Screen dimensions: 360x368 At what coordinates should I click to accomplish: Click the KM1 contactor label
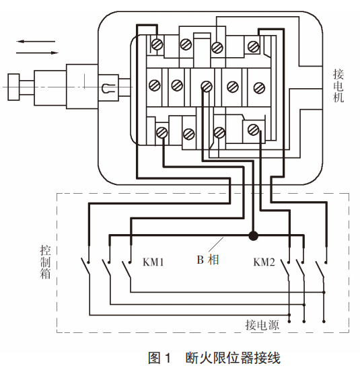pyautogui.click(x=153, y=262)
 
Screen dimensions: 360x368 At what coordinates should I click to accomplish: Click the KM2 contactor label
pyautogui.click(x=264, y=262)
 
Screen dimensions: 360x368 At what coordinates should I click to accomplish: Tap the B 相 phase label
pyautogui.click(x=208, y=260)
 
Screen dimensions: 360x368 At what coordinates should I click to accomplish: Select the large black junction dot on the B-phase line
pyautogui.click(x=253, y=235)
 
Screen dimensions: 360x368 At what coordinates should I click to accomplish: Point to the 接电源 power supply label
pyautogui.click(x=262, y=325)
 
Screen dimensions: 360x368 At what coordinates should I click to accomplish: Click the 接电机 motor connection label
pyautogui.click(x=338, y=85)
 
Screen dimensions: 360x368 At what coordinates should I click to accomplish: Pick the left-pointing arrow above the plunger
pyautogui.click(x=36, y=42)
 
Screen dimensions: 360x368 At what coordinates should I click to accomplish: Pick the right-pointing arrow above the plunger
pyautogui.click(x=37, y=52)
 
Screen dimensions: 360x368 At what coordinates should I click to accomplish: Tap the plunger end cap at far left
pyautogui.click(x=13, y=87)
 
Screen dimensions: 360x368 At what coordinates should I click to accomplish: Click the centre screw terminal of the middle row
pyautogui.click(x=207, y=87)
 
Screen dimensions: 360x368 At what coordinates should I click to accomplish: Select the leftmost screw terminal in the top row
pyautogui.click(x=157, y=44)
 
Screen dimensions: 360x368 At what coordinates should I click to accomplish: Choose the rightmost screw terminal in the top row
pyautogui.click(x=254, y=46)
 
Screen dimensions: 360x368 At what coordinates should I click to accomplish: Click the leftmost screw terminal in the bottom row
pyautogui.click(x=162, y=133)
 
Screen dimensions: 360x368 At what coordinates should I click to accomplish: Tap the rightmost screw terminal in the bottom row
pyautogui.click(x=254, y=130)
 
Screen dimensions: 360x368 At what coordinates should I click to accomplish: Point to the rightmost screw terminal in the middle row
pyautogui.click(x=259, y=87)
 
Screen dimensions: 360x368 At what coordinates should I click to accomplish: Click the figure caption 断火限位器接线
pyautogui.click(x=233, y=358)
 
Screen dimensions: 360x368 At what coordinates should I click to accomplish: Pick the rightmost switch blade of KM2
pyautogui.click(x=320, y=269)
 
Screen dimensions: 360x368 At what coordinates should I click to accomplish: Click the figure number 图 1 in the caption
pyautogui.click(x=159, y=358)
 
